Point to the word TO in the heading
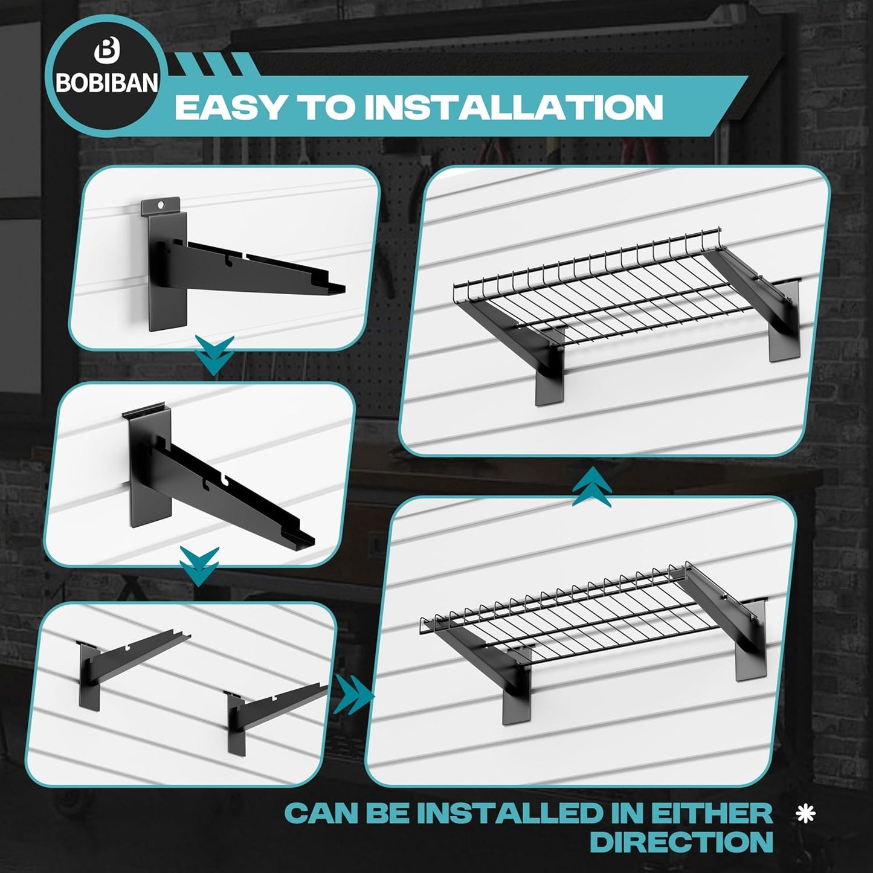point(329,107)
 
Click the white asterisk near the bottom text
point(805,814)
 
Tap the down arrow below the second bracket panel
point(199,566)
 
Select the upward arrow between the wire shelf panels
point(591,487)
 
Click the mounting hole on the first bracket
point(160,205)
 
